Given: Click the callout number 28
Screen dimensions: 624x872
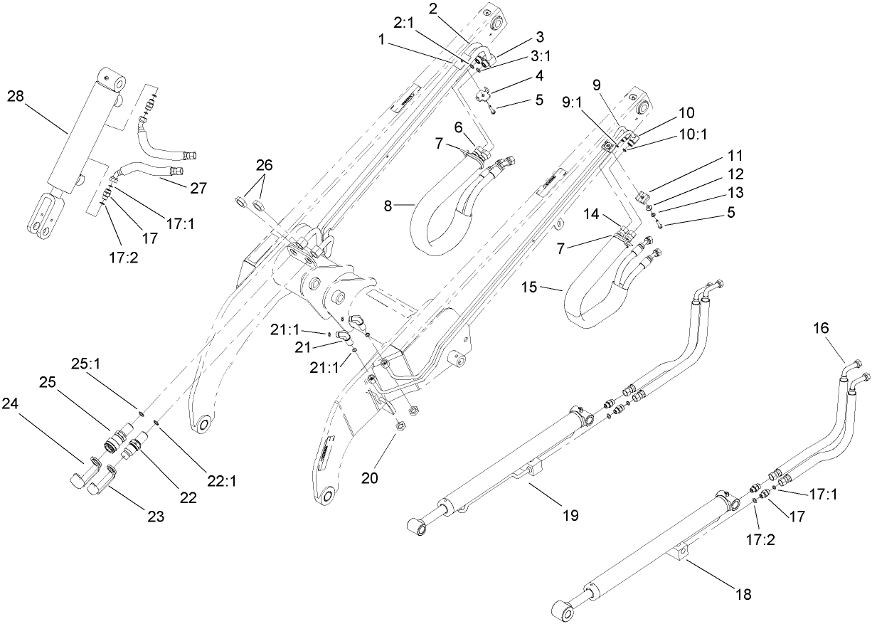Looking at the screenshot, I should [x=16, y=96].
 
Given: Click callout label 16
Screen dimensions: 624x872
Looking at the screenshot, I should [x=822, y=329].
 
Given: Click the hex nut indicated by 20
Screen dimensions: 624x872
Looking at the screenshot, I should [x=400, y=427].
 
